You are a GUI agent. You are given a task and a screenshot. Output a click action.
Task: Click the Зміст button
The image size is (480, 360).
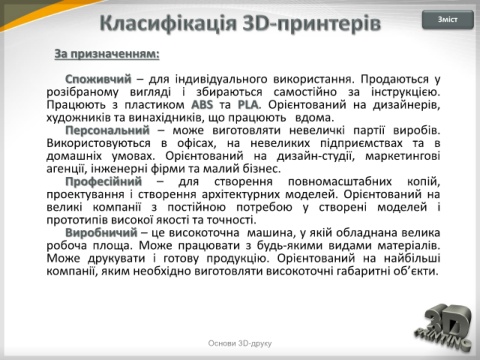(448, 20)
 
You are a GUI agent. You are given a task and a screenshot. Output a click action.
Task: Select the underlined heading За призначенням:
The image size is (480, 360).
(107, 54)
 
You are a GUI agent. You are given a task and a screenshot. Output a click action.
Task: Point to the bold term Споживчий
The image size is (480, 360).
(98, 79)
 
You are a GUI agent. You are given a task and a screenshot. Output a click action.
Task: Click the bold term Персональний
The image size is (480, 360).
(107, 130)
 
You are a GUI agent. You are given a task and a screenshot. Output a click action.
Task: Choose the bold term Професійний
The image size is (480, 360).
(104, 182)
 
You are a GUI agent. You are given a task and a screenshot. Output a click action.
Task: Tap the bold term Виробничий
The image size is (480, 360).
(101, 233)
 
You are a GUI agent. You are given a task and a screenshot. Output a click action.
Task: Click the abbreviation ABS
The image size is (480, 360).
(202, 105)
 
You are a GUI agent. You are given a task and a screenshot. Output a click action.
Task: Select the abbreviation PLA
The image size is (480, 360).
(248, 105)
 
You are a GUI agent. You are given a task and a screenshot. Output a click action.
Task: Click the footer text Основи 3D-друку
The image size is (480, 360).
(240, 343)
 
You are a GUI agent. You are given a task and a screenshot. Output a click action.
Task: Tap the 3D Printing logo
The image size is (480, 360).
(444, 327)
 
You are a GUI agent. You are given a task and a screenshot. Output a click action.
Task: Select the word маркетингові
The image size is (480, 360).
(403, 156)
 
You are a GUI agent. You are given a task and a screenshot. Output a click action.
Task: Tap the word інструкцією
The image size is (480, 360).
(406, 92)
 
